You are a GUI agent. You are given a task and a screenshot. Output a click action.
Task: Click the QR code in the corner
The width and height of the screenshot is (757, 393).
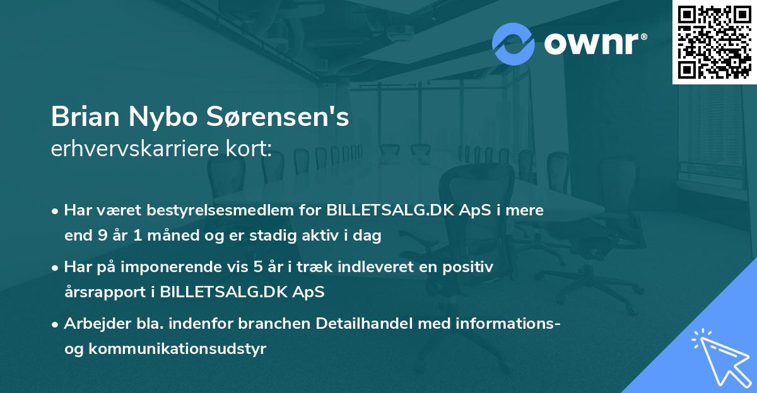click(715, 42)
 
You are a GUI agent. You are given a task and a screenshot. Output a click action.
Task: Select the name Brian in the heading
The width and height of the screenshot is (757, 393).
click(86, 117)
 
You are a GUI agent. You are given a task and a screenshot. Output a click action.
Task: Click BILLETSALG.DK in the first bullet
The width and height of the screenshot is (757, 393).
click(389, 210)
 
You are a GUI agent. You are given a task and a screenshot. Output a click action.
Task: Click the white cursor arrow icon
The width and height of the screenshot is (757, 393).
click(719, 356)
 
